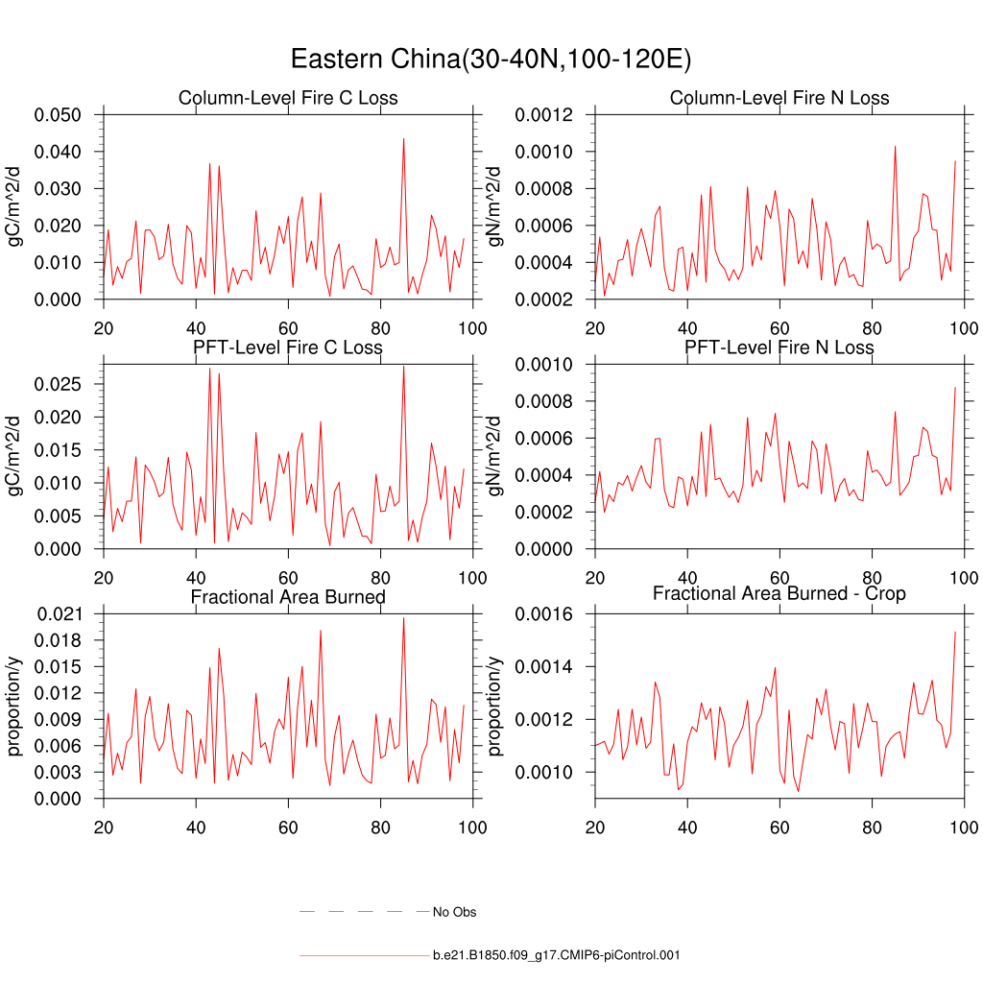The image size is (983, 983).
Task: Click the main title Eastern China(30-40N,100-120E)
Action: (x=491, y=60)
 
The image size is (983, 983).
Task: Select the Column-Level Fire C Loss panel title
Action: (x=288, y=98)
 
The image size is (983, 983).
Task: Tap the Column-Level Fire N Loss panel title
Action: (x=779, y=98)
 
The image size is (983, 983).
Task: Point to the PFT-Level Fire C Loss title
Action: (x=288, y=347)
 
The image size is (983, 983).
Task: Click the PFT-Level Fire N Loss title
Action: (x=779, y=347)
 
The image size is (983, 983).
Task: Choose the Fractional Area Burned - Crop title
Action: (x=779, y=593)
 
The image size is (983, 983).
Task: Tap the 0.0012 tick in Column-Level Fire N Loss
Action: (x=544, y=115)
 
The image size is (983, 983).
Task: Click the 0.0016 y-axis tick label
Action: (x=544, y=613)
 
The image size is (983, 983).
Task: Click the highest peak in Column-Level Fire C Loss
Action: (x=403, y=138)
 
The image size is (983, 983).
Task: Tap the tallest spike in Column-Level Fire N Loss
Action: (x=895, y=146)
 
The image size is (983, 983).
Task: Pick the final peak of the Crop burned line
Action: (x=955, y=632)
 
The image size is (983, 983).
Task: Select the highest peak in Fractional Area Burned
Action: (x=403, y=617)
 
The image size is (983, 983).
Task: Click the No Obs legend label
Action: (x=454, y=912)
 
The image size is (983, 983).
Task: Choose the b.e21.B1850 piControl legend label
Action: (x=557, y=955)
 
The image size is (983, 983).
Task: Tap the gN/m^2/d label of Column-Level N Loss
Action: (x=496, y=207)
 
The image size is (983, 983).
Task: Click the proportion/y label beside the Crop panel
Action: (x=496, y=706)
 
